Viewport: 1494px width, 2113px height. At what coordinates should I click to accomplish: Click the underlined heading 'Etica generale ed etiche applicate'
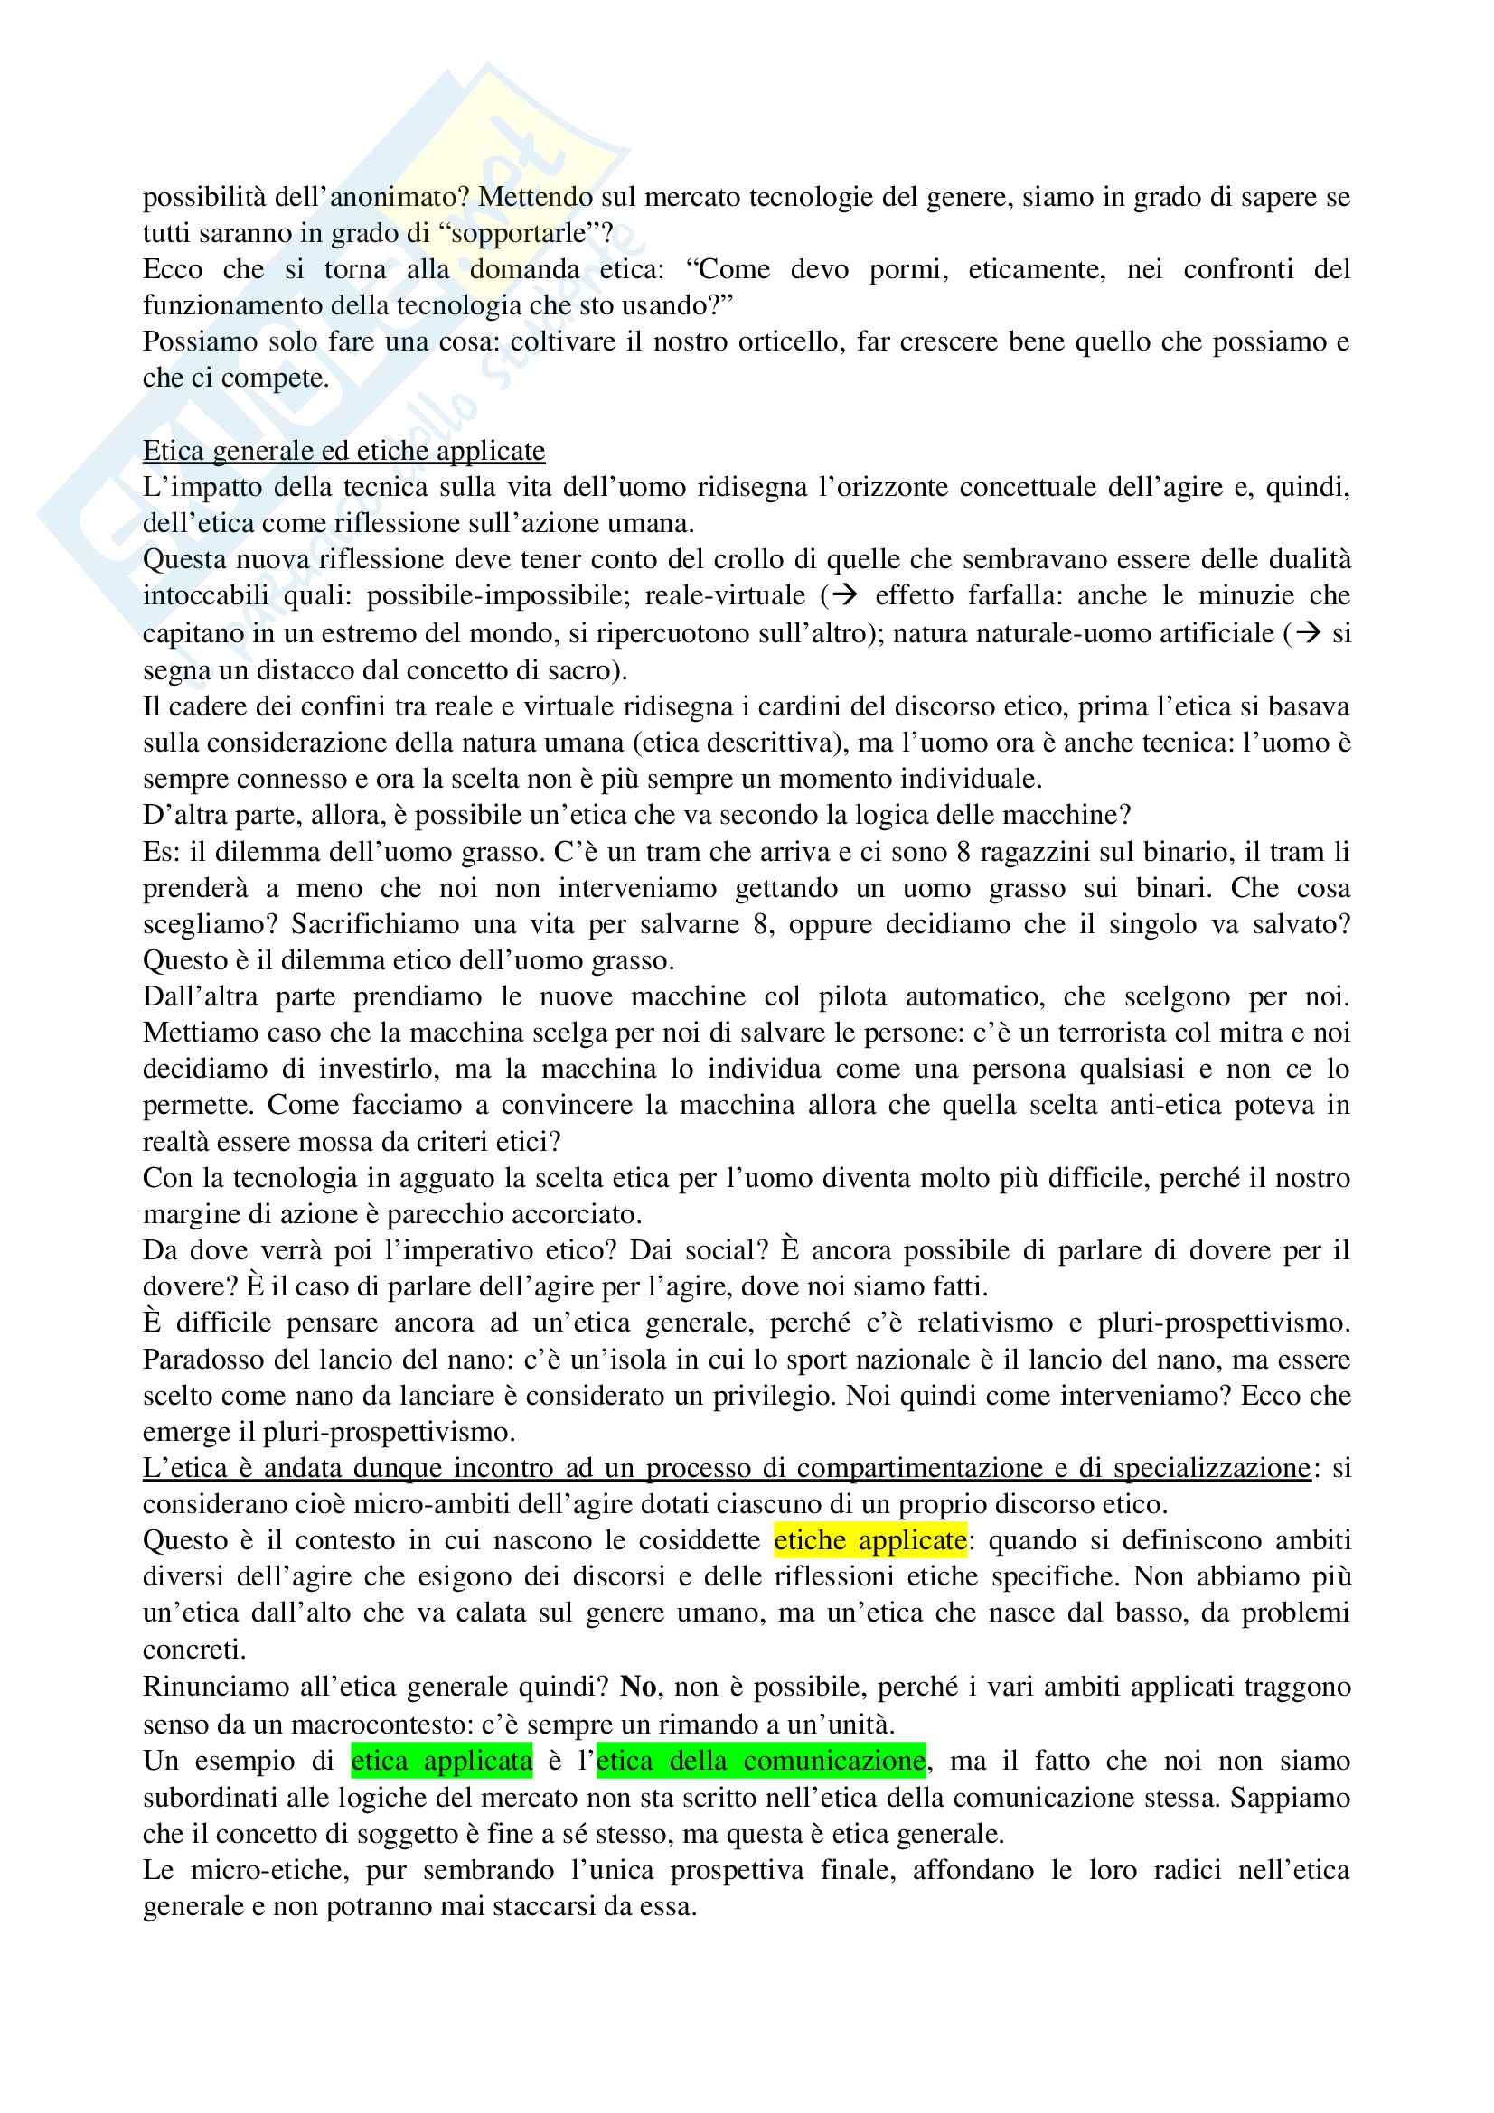(343, 451)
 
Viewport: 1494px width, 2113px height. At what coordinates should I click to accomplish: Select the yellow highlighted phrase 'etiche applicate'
(869, 1540)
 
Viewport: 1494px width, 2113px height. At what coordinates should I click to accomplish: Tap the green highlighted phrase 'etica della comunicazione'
(760, 1761)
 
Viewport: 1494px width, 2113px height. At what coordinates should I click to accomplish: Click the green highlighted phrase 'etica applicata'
(442, 1761)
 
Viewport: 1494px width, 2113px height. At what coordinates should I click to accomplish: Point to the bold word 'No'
(638, 1686)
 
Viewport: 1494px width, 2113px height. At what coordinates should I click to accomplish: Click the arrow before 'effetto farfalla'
(844, 595)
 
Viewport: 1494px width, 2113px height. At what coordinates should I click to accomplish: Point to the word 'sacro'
(584, 670)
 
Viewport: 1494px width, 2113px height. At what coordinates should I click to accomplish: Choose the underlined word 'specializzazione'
(1211, 1468)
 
